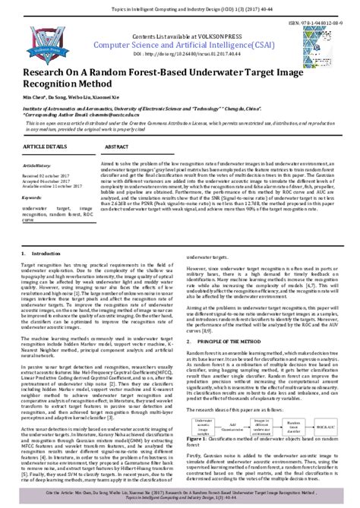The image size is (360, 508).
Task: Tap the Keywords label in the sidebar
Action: [x=33, y=197]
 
